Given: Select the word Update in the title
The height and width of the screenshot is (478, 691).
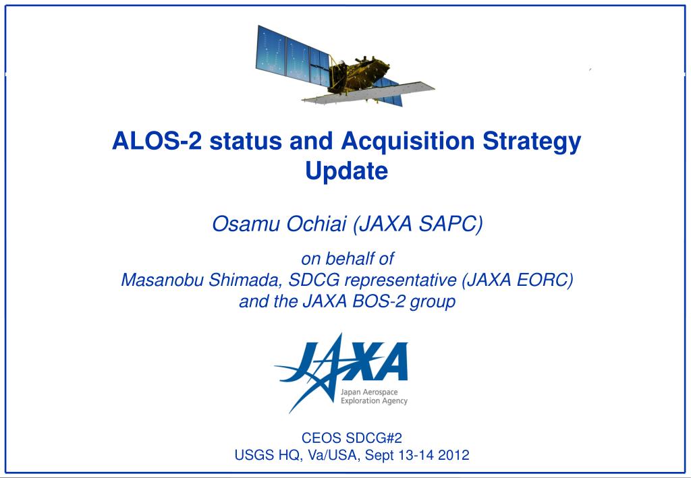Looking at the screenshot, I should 347,171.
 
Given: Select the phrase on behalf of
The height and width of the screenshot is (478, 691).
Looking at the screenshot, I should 346,258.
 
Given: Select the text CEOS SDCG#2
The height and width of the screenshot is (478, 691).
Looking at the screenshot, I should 346,437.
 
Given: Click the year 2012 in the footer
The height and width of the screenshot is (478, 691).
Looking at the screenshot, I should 453,454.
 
